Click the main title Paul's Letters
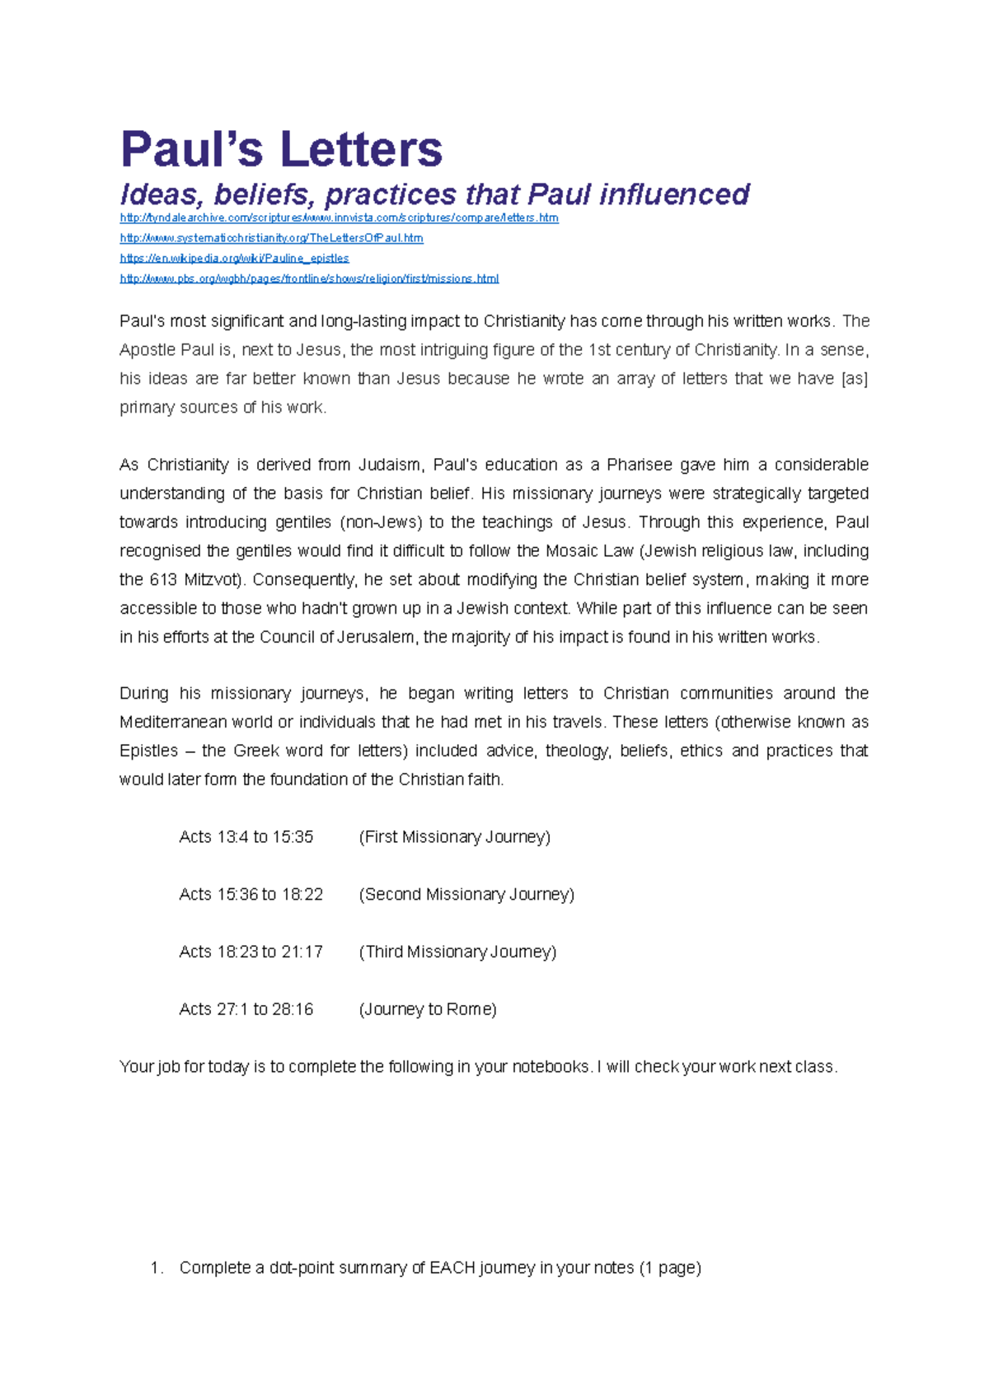pos(281,149)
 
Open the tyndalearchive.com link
pos(339,218)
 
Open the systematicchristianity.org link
pos(271,238)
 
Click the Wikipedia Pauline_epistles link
pos(234,258)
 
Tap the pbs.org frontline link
pos(309,278)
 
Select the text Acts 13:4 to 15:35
pos(246,837)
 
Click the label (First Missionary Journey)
pos(454,837)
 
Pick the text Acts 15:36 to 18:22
pos(251,895)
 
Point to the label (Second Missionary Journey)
pos(466,895)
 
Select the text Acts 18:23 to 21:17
pos(251,952)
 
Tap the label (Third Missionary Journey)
pos(457,952)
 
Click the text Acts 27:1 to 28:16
pos(246,1009)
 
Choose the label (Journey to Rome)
pos(427,1009)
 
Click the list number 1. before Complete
pos(157,1268)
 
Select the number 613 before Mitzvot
pos(163,580)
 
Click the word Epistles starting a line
pos(148,751)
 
